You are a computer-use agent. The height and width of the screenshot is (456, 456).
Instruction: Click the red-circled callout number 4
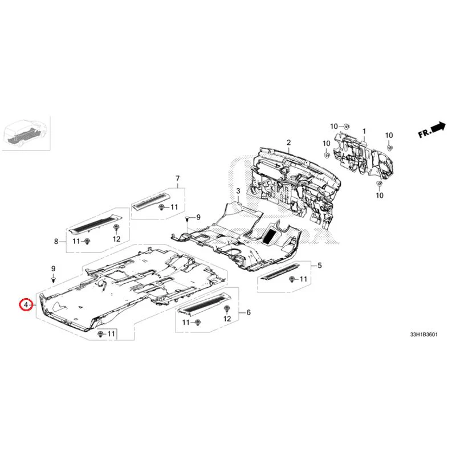25,306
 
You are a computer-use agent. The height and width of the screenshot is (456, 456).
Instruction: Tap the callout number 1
363,131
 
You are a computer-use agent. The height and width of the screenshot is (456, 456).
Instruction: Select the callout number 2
288,142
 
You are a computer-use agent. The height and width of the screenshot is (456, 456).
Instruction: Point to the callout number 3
239,190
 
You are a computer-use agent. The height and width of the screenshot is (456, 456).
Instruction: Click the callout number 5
319,265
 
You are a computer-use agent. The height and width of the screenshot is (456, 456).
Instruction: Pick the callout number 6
248,312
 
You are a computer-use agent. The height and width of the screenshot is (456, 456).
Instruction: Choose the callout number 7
177,178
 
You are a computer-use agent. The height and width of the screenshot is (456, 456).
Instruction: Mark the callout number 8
56,242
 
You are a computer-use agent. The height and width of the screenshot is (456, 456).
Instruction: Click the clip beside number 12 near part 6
227,308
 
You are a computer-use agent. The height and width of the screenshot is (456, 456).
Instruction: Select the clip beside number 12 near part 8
116,229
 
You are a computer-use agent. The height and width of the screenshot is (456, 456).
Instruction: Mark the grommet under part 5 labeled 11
292,279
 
